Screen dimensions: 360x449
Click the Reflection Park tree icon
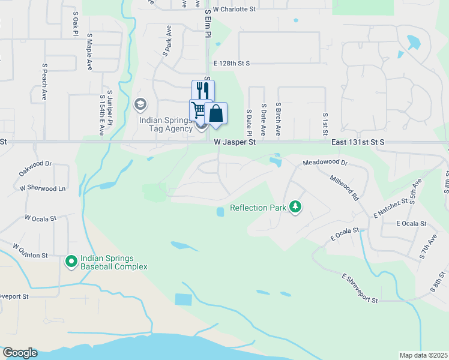295,207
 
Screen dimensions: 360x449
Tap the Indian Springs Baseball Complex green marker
71,261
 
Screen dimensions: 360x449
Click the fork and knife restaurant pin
203,91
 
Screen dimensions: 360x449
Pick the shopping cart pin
199,110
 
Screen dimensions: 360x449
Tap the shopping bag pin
215,113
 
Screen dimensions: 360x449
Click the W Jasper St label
235,142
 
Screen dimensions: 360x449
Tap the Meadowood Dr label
325,163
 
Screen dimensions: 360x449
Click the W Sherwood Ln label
42,188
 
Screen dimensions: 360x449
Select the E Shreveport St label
360,289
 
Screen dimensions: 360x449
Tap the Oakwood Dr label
35,167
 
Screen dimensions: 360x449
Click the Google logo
20,353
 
